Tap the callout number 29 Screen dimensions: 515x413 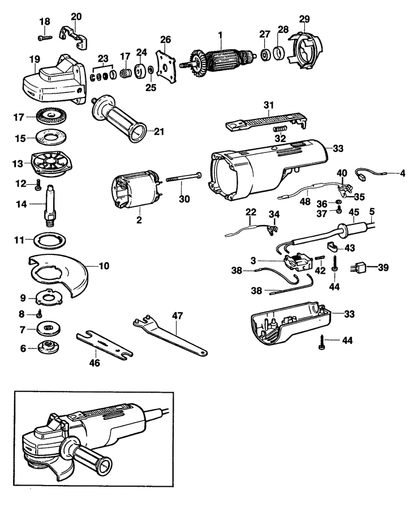(x=304, y=19)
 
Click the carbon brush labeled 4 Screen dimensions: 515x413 (x=368, y=173)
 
